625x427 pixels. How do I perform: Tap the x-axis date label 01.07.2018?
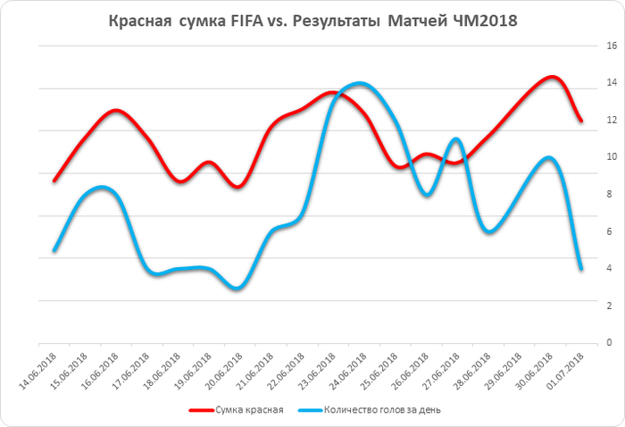pyautogui.click(x=567, y=368)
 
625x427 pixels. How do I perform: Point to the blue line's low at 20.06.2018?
pyautogui.click(x=236, y=289)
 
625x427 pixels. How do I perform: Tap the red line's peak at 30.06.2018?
pyautogui.click(x=551, y=78)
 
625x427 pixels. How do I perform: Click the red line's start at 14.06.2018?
pyautogui.click(x=54, y=180)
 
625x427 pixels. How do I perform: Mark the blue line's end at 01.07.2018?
pyautogui.click(x=581, y=269)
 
